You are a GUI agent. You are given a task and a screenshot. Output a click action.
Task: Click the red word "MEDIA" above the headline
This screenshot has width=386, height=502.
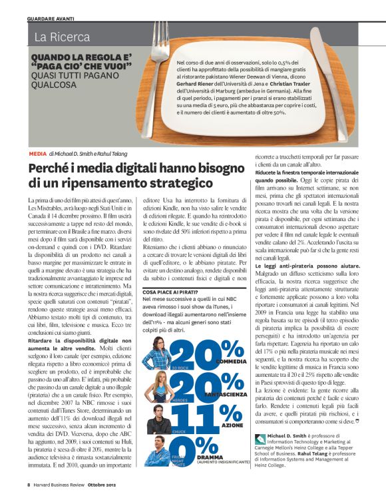[38, 153]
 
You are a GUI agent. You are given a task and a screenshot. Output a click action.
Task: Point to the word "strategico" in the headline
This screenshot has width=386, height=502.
[179, 182]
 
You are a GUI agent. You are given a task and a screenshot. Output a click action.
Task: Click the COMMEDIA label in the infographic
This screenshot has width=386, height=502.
[228, 362]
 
